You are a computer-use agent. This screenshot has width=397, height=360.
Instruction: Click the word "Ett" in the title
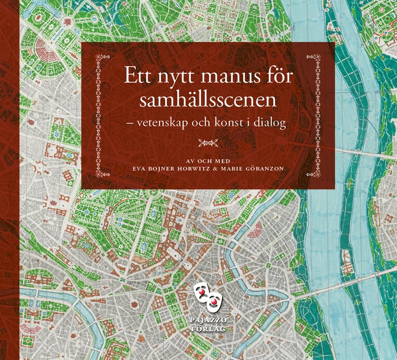(137, 79)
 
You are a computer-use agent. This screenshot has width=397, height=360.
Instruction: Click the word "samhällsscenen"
(207, 101)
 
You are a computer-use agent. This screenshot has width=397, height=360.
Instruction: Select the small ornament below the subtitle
(208, 143)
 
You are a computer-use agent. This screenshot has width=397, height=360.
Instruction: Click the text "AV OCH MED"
(208, 159)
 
